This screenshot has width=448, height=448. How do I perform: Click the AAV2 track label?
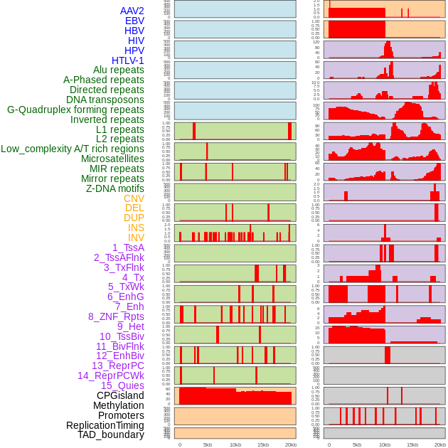coord(132,11)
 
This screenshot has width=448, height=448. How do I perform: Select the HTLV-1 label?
coord(127,60)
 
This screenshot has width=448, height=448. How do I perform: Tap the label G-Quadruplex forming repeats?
coord(75,110)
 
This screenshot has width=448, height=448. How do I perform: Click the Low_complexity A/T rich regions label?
coord(73,149)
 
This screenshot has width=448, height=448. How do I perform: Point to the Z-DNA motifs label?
coord(114,188)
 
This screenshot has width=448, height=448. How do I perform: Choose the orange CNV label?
coord(134,198)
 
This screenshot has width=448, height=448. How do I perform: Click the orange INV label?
coord(136,238)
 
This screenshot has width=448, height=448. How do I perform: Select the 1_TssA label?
coord(128,247)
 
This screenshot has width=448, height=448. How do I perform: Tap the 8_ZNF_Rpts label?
coord(116,316)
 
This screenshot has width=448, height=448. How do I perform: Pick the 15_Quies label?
coord(122,385)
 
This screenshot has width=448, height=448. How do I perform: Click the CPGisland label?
coord(120,395)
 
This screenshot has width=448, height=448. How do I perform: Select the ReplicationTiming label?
coord(105,425)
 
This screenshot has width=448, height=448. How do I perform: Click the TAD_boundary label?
coord(111,434)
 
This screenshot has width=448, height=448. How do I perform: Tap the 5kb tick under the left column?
coord(208,444)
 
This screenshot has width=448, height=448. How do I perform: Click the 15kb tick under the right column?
coord(412,444)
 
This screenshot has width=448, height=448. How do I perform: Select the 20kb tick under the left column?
coord(290,444)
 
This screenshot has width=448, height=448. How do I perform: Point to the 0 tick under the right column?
coord(329,444)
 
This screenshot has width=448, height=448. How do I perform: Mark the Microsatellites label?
coord(112,159)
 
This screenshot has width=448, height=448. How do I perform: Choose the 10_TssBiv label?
coord(122,336)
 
